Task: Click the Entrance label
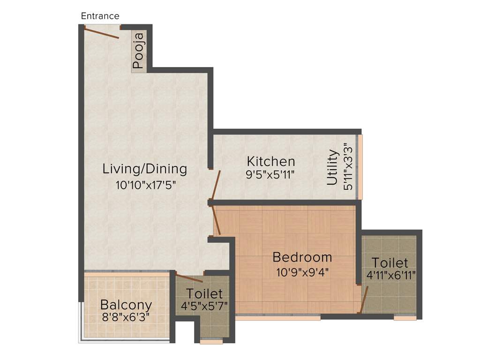[x=100, y=16]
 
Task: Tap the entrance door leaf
[x=102, y=33]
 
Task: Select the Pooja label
[x=138, y=51]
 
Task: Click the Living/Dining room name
[x=145, y=169]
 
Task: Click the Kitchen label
[x=271, y=162]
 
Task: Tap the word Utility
[x=332, y=167]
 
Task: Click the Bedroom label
[x=302, y=257]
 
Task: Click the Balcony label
[x=126, y=304]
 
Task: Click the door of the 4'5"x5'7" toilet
[x=189, y=277]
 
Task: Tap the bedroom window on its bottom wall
[x=277, y=317]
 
